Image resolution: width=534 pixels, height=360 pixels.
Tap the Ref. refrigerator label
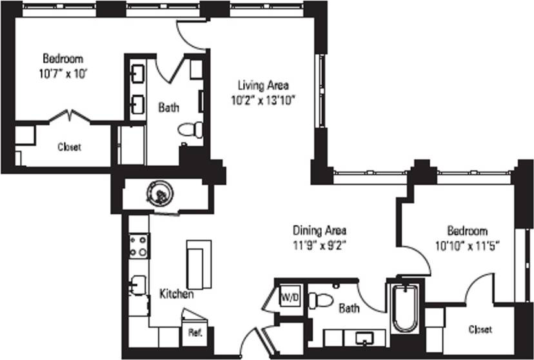[195, 334]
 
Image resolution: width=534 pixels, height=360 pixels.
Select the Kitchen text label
[177, 294]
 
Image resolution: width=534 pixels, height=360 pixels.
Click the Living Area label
[263, 85]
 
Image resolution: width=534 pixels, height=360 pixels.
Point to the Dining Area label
[320, 230]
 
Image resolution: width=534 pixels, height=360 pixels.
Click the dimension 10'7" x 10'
[63, 73]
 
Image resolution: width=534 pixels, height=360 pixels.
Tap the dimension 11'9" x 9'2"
[320, 245]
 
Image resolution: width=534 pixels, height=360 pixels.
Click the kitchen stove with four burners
[139, 245]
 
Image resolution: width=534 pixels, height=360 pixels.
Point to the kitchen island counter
[199, 265]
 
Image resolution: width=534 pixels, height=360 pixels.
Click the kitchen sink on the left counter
[137, 285]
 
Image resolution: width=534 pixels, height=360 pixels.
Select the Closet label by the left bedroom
[69, 147]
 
